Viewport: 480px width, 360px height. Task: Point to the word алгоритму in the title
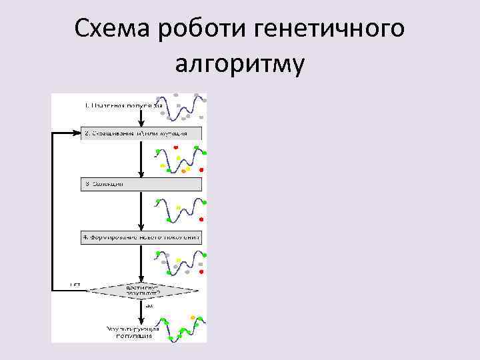point(239,64)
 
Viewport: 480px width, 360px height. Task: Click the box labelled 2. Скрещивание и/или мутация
point(141,133)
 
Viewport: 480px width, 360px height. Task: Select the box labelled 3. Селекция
point(141,184)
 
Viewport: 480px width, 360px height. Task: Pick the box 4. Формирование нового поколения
point(141,237)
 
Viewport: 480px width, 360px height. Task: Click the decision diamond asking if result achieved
point(143,291)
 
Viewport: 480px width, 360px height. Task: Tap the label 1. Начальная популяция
point(123,105)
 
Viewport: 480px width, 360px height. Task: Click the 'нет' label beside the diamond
point(75,285)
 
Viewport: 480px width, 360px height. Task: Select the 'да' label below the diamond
point(149,306)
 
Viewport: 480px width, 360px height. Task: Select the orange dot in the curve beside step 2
point(183,172)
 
